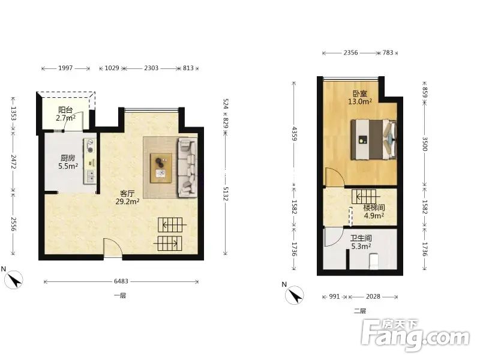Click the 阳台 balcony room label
coord(65,110)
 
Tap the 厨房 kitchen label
coord(68,158)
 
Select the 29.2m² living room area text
coord(128,202)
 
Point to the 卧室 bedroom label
coord(359,94)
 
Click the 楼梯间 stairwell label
coord(374,208)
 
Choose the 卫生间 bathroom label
coord(361,238)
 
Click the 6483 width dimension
coord(121,281)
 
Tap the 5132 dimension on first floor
coord(226,194)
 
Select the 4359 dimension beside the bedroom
coord(294,133)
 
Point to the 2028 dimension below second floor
coord(373,296)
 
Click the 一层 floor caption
coord(120,295)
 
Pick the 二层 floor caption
coord(360,311)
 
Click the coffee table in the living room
coord(161,168)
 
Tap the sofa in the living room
coord(187,167)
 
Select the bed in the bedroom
coord(374,140)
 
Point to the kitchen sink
coord(90,176)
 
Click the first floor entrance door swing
coord(113,247)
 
